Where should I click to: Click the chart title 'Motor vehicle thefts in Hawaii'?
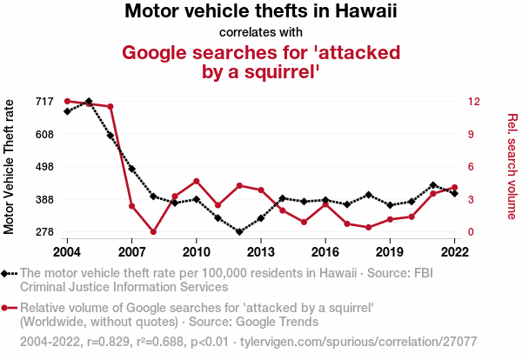click(x=260, y=12)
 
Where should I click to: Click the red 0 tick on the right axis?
click(x=472, y=232)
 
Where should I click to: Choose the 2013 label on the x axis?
click(x=260, y=252)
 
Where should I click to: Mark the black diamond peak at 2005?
click(x=89, y=102)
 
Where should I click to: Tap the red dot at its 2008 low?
click(x=153, y=232)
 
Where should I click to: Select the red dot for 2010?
click(x=197, y=181)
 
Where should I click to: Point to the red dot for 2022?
click(x=455, y=187)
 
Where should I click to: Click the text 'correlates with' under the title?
click(x=260, y=33)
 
